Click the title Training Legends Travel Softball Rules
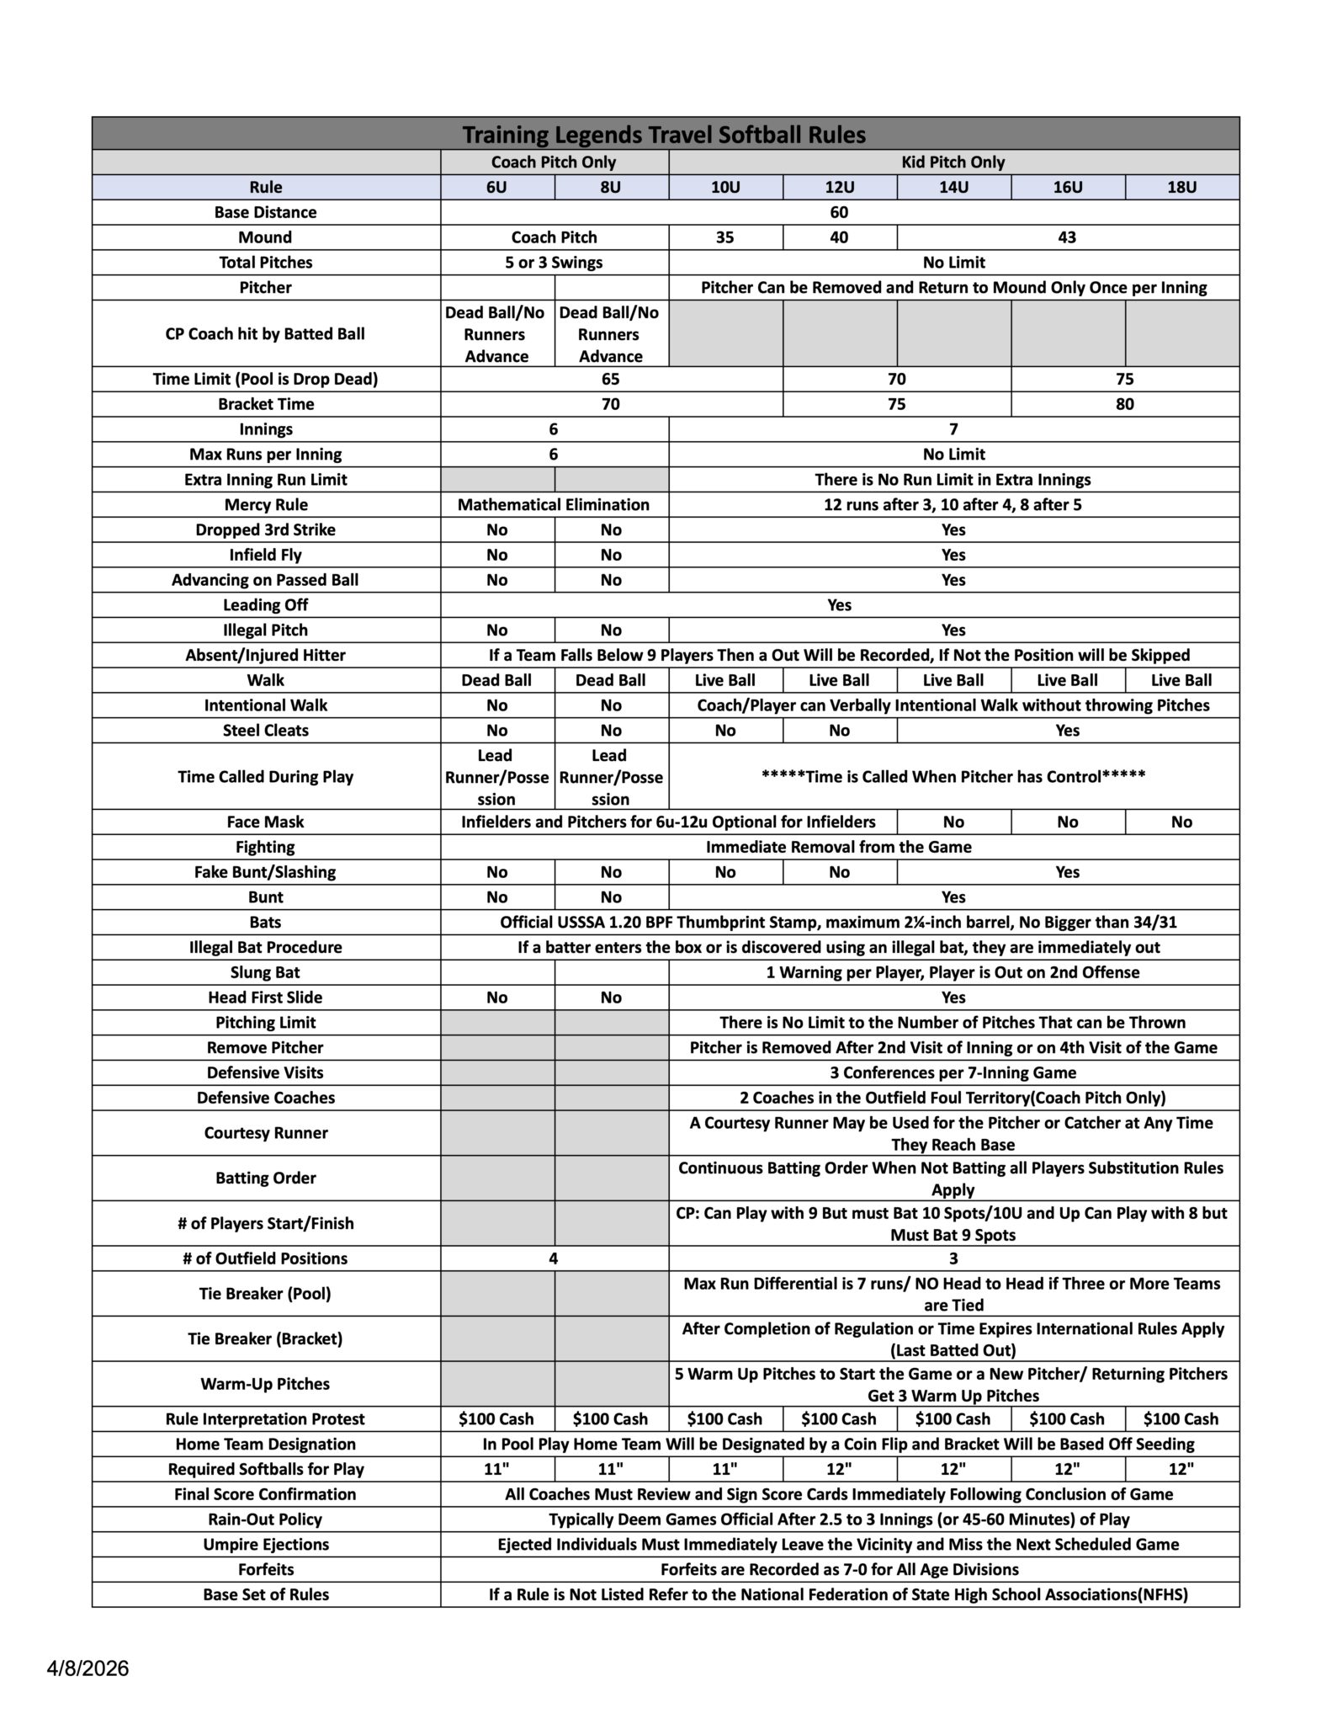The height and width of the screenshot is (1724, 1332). (664, 135)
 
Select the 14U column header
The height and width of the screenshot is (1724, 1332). (953, 187)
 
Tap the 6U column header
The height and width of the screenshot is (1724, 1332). (496, 187)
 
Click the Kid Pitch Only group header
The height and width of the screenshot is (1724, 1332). (953, 162)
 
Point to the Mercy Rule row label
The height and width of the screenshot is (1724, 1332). (266, 504)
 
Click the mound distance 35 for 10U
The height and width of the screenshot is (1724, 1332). (724, 237)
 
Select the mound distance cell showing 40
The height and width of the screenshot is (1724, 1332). (839, 237)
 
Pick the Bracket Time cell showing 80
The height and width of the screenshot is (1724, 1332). (1124, 404)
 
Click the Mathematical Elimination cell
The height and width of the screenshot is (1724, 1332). (554, 504)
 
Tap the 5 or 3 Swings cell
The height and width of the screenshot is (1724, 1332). (554, 263)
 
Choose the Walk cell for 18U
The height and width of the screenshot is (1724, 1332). (1181, 680)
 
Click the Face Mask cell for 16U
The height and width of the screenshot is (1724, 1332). (1067, 822)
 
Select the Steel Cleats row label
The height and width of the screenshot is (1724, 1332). (266, 731)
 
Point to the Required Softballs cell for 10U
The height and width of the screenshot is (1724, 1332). (724, 1469)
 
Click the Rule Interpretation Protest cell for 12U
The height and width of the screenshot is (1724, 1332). (839, 1418)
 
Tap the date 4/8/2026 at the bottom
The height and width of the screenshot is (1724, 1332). (88, 1668)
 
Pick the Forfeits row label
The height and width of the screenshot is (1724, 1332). (266, 1569)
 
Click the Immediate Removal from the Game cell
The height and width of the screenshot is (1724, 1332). (838, 847)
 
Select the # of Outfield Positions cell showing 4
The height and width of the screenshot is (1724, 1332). (554, 1258)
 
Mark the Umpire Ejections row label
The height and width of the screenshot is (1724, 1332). (266, 1544)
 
